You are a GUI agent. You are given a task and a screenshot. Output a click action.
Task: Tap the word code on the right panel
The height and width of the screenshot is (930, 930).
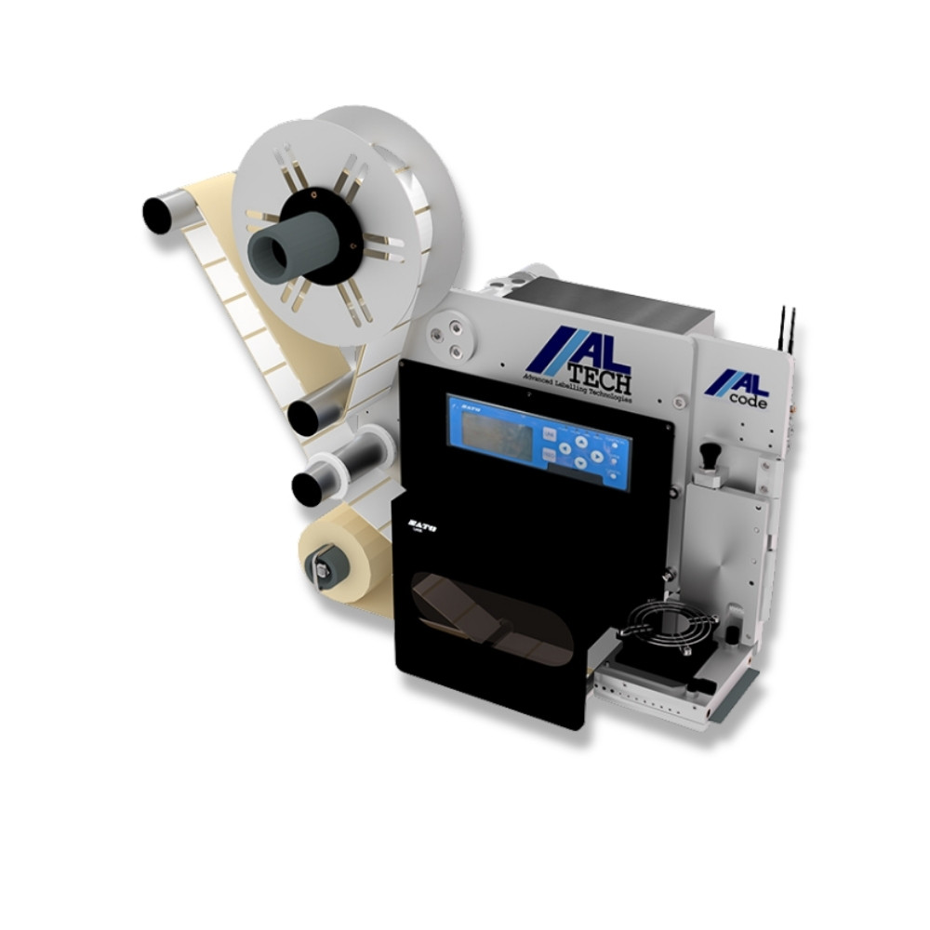click(x=748, y=402)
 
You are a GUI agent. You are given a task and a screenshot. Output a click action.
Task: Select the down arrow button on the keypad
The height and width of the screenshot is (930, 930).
click(x=581, y=462)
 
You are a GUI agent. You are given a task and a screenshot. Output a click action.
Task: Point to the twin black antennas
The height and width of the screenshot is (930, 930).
click(x=787, y=327)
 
